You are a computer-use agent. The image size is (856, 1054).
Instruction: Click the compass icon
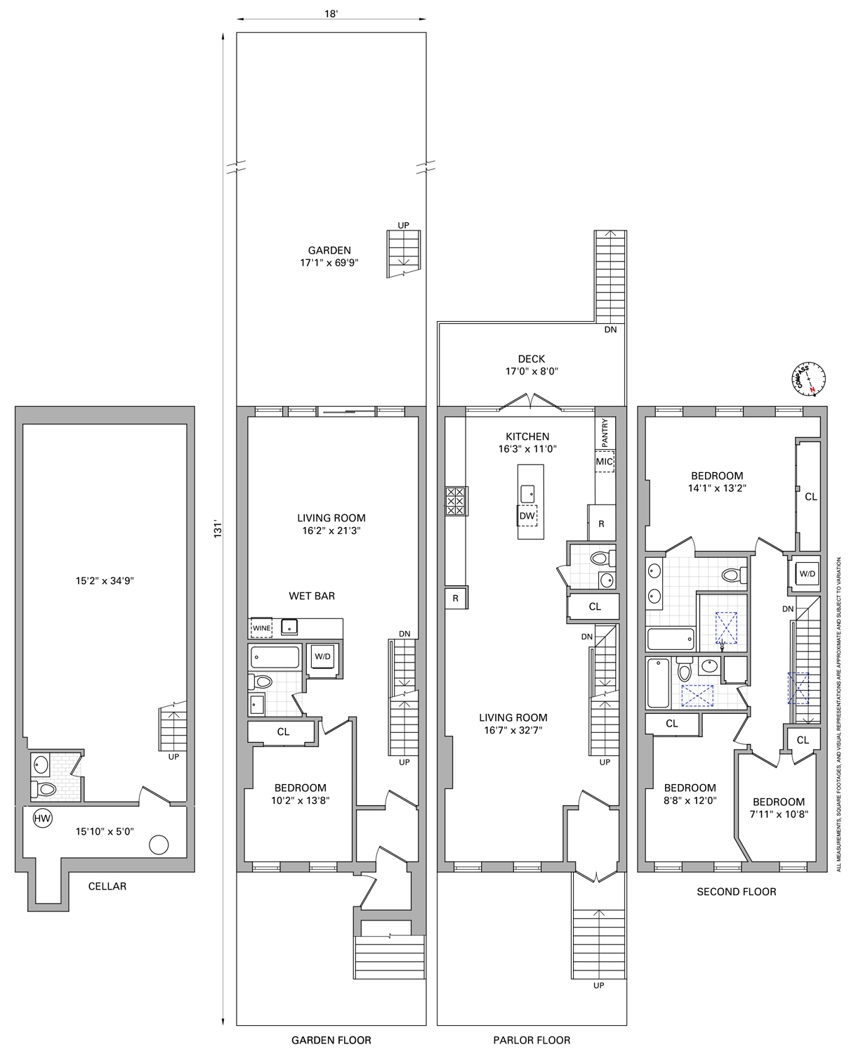pos(810,378)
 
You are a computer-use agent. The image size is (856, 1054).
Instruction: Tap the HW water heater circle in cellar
pos(43,819)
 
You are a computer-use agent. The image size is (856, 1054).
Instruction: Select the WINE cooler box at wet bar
pos(261,627)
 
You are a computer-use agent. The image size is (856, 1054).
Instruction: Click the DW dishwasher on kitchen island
pos(527,515)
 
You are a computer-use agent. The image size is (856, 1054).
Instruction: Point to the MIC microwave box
pos(604,462)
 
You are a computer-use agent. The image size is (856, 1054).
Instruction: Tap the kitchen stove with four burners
pos(456,501)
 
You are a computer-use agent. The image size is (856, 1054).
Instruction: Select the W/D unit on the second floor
pos(807,573)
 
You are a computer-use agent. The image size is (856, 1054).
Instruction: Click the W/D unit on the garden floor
pos(322,657)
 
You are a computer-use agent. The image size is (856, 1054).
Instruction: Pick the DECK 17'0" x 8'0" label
pos(532,365)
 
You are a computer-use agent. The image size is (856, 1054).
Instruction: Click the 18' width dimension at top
pos(331,14)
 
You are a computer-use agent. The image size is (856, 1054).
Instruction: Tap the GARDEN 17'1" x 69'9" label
pos(329,256)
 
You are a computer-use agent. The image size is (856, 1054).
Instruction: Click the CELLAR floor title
pos(107,886)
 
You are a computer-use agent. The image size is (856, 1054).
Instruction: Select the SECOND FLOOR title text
pos(736,891)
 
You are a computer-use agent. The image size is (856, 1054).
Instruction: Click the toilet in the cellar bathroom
pos(44,789)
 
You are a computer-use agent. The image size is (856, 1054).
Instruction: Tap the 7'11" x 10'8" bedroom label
pos(778,808)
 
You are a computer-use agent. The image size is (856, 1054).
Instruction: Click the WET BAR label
pos(312,596)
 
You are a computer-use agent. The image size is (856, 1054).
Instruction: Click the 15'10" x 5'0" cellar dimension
pos(105,831)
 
